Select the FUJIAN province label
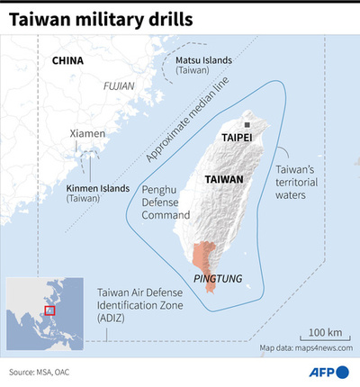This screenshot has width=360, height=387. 118,86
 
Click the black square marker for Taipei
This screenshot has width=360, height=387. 247,124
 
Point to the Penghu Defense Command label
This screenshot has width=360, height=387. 166,202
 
